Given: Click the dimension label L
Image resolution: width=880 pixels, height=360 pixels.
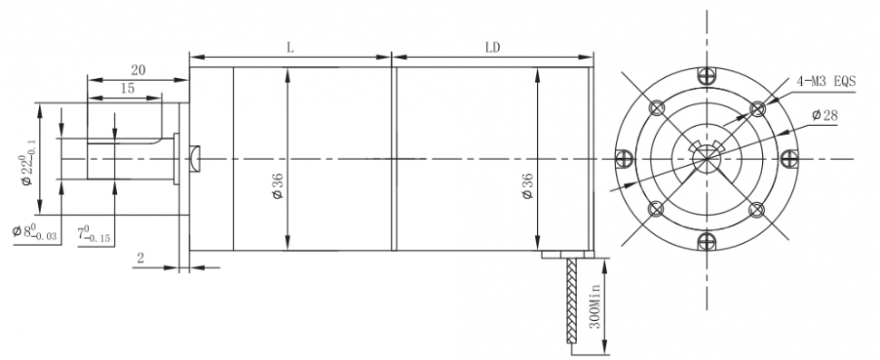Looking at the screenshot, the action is pos(290,48).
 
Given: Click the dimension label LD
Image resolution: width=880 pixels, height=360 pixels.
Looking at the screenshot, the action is pos(493,48).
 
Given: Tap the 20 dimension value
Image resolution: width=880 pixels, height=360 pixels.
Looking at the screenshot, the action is pos(138,70).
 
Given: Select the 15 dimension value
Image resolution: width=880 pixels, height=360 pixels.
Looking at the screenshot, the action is pos(127,88).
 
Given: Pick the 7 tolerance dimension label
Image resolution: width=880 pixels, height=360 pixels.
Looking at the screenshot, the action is pos(93,233).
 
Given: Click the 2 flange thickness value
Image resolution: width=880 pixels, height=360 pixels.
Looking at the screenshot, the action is pos(141,258).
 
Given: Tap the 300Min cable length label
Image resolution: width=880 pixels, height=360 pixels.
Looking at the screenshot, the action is pos(595,306).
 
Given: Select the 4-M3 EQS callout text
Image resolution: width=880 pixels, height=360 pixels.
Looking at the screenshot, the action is pos(826,82).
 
